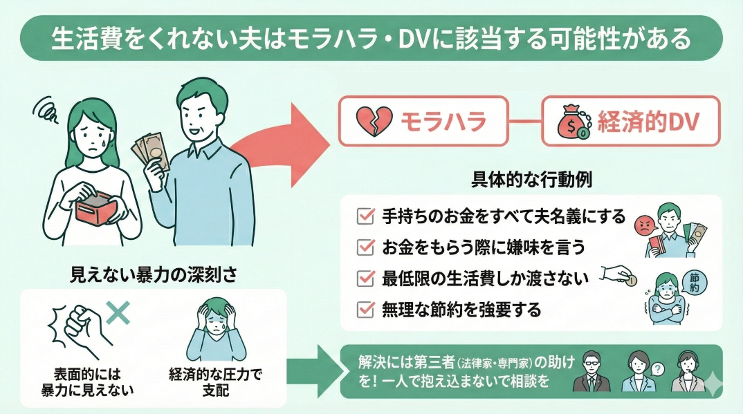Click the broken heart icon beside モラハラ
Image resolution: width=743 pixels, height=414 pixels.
click(x=374, y=122)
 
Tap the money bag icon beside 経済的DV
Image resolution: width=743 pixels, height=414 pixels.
click(x=574, y=122)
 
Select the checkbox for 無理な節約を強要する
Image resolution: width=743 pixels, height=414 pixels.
click(x=364, y=309)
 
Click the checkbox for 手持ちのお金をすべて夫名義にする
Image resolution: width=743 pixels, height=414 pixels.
click(x=364, y=216)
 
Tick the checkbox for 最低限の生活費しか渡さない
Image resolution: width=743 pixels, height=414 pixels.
click(x=364, y=278)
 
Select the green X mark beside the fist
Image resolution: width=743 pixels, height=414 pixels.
click(x=119, y=312)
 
